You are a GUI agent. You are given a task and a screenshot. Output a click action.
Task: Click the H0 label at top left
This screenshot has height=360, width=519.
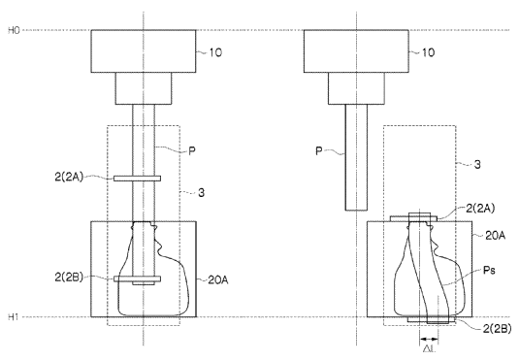14,30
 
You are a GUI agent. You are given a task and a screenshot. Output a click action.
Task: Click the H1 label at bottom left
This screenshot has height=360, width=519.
14,317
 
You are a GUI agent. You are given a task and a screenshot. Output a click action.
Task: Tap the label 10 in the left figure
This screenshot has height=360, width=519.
215,52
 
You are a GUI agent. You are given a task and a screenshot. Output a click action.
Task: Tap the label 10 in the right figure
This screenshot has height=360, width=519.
428,52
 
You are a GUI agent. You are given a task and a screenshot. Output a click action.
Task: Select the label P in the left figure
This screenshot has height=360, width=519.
192,151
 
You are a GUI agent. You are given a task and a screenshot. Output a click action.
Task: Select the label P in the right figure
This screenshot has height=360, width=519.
319,151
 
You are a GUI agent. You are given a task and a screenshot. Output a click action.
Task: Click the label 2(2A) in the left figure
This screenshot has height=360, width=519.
69,177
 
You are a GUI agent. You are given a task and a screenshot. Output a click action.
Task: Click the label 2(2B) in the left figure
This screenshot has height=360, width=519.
69,278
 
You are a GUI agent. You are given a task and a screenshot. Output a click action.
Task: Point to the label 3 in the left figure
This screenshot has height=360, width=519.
201,192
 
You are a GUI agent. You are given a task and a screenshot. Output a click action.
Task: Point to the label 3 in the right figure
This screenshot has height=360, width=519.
477,164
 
